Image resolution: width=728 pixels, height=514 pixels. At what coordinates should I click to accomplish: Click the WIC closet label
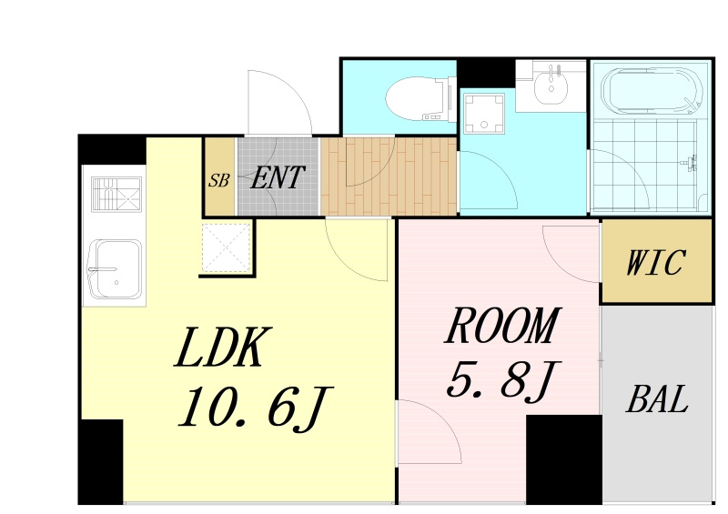[655, 263]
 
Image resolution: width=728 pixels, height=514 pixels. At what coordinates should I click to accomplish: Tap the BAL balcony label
[657, 399]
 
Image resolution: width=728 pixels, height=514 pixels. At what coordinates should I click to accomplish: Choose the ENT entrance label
[278, 177]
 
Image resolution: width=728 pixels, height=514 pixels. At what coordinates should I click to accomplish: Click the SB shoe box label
[218, 180]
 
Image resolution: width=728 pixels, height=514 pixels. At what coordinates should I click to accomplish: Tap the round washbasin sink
[551, 86]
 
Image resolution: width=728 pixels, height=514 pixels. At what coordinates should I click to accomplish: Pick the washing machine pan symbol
[484, 114]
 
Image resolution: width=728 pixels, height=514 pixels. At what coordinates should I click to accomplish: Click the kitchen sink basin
[115, 269]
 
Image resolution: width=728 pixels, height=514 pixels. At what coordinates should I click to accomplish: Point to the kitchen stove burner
[116, 194]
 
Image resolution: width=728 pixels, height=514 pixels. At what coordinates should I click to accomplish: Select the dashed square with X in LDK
[227, 247]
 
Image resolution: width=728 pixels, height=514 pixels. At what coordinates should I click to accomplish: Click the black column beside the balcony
[563, 459]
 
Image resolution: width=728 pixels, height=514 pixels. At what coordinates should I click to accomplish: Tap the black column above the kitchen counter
[112, 149]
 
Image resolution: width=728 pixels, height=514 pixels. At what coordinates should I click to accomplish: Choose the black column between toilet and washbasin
[486, 74]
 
